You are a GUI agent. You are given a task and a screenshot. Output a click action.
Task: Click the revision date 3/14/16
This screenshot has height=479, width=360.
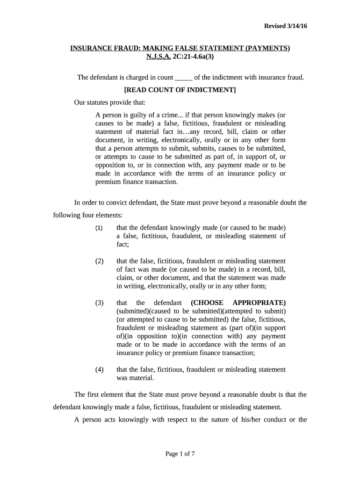(x=296, y=26)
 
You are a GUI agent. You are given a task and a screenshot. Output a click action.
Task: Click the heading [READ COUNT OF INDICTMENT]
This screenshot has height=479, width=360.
(x=180, y=90)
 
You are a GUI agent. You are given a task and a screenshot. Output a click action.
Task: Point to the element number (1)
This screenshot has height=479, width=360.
(x=99, y=228)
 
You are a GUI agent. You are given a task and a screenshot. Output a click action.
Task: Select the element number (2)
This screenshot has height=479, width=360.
(x=99, y=261)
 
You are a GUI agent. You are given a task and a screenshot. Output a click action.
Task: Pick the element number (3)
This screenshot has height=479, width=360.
(x=99, y=303)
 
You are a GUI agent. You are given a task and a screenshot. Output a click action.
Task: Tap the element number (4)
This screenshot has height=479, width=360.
(x=99, y=370)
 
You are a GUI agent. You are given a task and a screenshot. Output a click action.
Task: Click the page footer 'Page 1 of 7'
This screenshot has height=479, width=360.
(x=180, y=454)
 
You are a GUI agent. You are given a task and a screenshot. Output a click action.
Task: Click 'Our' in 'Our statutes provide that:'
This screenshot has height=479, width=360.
(x=80, y=102)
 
